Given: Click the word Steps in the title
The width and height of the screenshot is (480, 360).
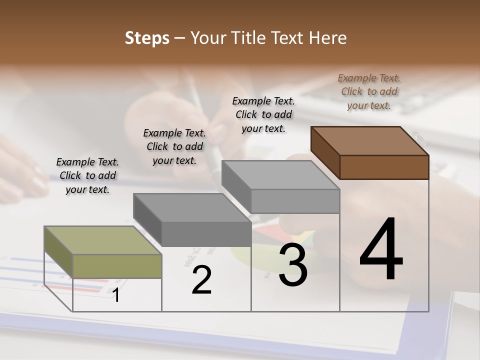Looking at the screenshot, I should click(x=146, y=38).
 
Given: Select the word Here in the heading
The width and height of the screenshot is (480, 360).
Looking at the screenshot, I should click(x=327, y=38).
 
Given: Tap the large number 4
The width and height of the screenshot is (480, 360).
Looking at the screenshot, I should click(x=381, y=250).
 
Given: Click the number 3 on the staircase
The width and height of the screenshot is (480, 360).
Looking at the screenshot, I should click(x=293, y=265).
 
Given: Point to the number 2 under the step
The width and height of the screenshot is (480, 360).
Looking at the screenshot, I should click(x=201, y=280).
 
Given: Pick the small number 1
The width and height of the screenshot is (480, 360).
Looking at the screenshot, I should click(x=116, y=295).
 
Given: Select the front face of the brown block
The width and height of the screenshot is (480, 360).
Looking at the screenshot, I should click(x=384, y=167).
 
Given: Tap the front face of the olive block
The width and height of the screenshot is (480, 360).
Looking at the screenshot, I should click(x=117, y=266).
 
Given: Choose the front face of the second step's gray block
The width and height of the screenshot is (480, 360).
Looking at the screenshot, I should click(x=206, y=233).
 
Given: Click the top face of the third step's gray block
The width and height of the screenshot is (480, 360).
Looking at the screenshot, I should click(x=280, y=175).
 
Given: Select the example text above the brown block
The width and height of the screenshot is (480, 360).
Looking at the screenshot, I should click(x=369, y=91).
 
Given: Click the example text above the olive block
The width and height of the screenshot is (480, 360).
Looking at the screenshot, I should click(x=87, y=175).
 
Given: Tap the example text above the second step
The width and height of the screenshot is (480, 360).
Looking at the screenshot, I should click(x=174, y=146).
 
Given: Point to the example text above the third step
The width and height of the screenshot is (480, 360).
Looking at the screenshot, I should click(x=263, y=114).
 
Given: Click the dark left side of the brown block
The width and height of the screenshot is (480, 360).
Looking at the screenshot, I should click(x=325, y=152).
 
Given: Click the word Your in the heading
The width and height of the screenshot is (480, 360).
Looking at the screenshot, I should click(x=209, y=38).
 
